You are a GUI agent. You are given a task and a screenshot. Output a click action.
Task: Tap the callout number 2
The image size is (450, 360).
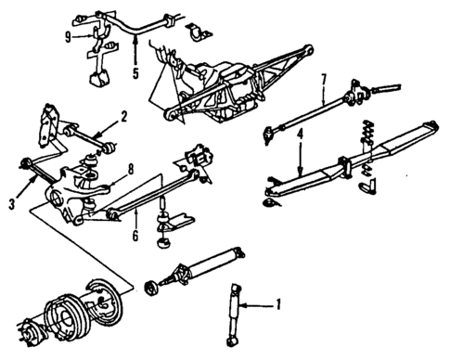122,118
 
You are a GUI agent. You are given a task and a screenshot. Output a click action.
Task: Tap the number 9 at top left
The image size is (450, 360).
67,37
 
